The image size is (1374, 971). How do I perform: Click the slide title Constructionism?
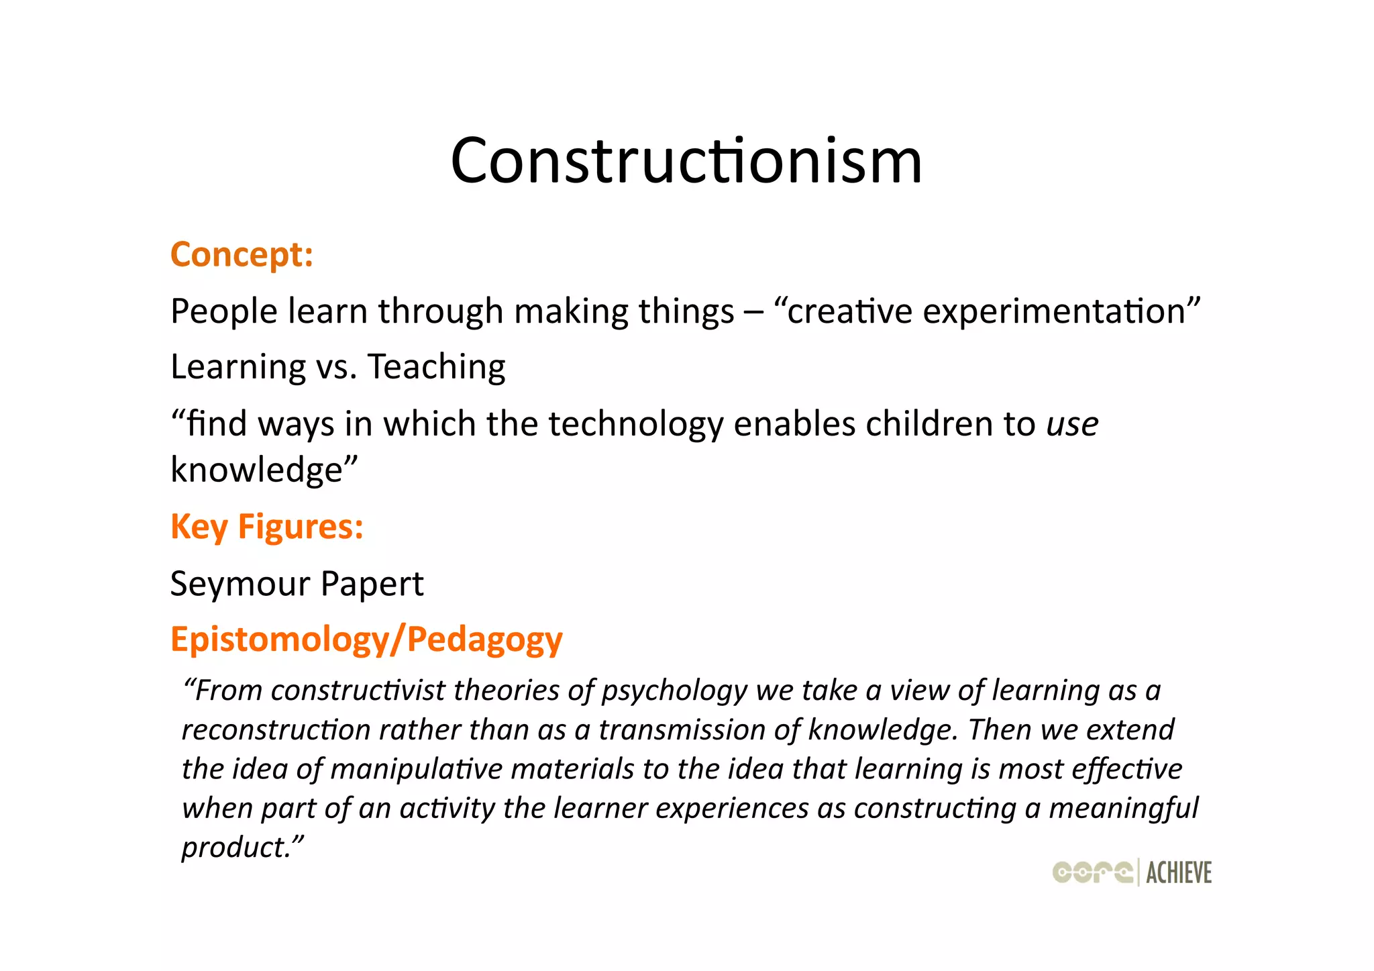click(x=686, y=161)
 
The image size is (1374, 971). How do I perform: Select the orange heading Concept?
click(x=242, y=255)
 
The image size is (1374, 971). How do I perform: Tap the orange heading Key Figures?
click(x=267, y=527)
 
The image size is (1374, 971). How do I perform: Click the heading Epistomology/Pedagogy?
click(x=366, y=640)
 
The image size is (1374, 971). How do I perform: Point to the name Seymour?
click(x=240, y=584)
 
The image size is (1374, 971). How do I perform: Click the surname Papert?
click(x=372, y=584)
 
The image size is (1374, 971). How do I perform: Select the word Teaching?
click(x=436, y=368)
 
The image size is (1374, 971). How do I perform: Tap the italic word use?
click(x=1072, y=425)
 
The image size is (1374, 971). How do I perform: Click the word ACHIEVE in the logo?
click(x=1179, y=873)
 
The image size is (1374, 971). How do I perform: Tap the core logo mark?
click(x=1092, y=872)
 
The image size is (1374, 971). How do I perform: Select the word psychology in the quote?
click(x=674, y=691)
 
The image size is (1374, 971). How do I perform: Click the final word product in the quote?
click(x=235, y=848)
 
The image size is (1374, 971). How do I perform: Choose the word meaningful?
click(x=1123, y=809)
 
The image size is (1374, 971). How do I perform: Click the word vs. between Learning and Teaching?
click(x=337, y=368)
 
